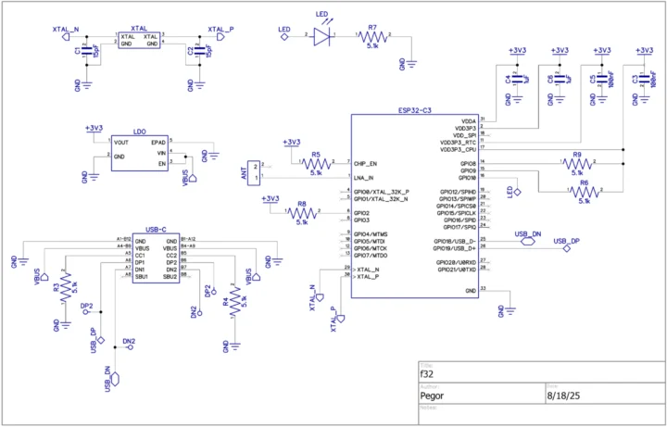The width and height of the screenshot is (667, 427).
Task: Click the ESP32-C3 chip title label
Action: coord(414,110)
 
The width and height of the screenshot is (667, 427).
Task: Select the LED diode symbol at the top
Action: coord(322,36)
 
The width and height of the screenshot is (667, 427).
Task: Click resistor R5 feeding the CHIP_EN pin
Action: coord(316,162)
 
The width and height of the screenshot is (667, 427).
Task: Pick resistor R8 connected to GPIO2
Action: coord(301,214)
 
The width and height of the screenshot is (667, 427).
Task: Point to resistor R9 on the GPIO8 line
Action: coord(577,163)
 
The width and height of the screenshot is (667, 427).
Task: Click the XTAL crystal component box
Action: coord(139,39)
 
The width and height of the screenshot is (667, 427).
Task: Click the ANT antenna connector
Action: coord(255,170)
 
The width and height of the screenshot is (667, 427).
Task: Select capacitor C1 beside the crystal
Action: coord(85,52)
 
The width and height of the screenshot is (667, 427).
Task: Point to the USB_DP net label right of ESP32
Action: coord(567,241)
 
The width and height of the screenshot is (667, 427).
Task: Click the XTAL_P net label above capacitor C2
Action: coord(220,30)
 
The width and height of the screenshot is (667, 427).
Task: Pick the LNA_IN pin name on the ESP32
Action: coord(365,177)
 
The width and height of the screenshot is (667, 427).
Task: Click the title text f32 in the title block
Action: coord(427,373)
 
